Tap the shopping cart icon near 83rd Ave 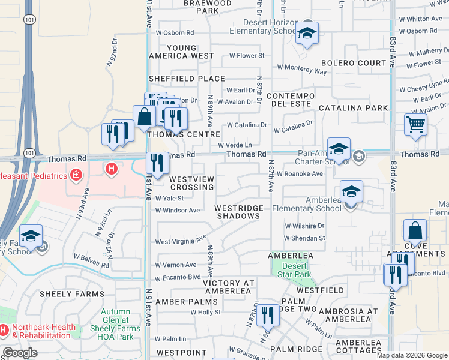click(415, 125)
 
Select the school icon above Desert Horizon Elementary click(307, 34)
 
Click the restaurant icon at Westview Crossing click(157, 163)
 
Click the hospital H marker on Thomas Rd click(111, 169)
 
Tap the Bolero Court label click(354, 63)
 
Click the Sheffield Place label click(187, 79)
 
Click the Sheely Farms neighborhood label click(64, 294)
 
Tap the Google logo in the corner click(20, 353)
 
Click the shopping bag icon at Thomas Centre click(145, 117)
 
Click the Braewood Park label click(207, 7)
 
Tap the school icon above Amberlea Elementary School click(351, 192)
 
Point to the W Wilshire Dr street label click(304, 226)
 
